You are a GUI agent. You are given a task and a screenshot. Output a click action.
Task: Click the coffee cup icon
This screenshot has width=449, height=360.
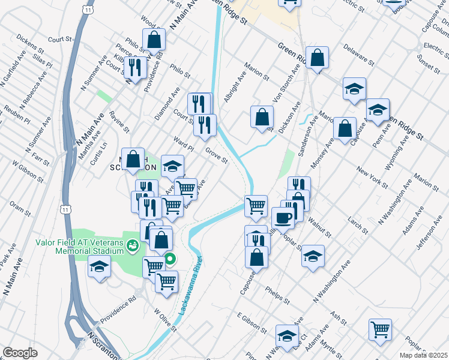click(283, 217)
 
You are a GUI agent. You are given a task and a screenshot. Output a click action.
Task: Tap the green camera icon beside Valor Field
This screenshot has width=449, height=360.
click(133, 245)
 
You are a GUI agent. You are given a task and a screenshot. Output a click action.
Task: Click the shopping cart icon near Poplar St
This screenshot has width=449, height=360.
click(380, 329)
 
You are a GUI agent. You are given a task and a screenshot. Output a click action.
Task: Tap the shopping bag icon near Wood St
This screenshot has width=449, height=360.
click(154, 40)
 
